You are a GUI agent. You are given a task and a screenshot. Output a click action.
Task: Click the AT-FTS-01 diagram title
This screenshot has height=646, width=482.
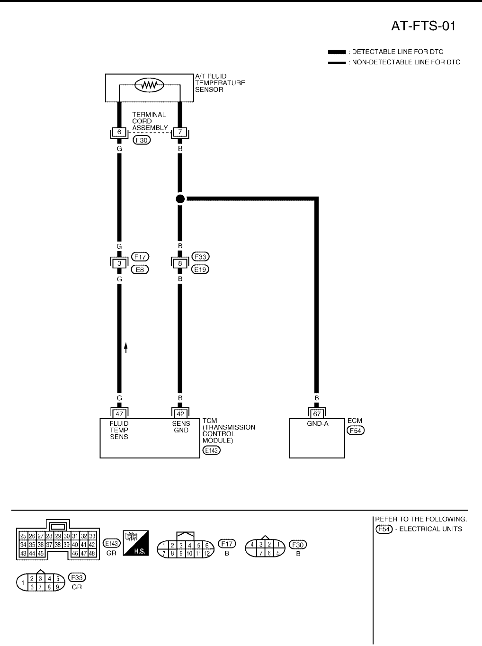click(423, 26)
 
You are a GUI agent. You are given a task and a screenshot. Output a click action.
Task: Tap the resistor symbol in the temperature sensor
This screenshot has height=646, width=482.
click(149, 85)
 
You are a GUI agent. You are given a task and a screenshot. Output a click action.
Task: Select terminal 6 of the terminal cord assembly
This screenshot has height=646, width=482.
click(119, 132)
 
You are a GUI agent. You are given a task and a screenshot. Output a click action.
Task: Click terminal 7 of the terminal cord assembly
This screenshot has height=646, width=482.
click(179, 132)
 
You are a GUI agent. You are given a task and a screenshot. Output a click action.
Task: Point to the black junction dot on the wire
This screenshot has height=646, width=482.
click(180, 199)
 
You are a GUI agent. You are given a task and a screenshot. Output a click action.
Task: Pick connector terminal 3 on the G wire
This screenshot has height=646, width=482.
click(119, 263)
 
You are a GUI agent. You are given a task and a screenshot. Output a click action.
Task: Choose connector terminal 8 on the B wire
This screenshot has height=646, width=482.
click(180, 263)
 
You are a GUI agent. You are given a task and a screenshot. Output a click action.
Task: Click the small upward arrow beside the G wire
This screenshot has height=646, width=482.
click(126, 348)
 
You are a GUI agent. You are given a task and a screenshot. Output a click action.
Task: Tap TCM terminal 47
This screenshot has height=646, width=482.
click(119, 413)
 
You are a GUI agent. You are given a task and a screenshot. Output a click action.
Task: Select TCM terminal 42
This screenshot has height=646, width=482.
click(180, 413)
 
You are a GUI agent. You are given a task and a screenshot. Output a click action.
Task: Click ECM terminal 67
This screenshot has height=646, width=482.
click(317, 413)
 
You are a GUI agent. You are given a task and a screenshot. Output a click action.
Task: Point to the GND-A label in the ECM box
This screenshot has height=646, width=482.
click(317, 424)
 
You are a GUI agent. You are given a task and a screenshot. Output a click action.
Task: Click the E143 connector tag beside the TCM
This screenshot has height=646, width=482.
click(211, 450)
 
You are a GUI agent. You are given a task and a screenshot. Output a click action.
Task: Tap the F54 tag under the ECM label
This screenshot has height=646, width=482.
click(356, 430)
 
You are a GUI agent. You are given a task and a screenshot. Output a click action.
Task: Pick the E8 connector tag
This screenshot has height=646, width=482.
click(140, 269)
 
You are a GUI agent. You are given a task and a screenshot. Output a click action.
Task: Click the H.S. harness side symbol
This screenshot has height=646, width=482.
click(135, 543)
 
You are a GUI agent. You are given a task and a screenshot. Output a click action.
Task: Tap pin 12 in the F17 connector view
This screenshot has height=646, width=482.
click(206, 554)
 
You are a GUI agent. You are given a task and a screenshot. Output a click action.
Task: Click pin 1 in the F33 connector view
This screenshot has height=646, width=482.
click(23, 583)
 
